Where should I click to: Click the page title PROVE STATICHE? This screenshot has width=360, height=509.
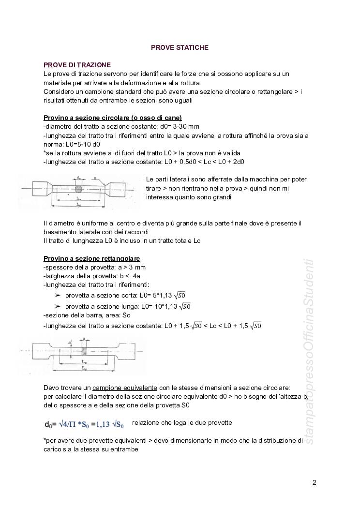tap(180, 47)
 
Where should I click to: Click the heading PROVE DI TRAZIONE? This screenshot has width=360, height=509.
tap(77, 65)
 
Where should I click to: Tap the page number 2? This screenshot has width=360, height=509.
tap(315, 482)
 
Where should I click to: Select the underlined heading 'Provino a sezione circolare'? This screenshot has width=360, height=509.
tap(112, 118)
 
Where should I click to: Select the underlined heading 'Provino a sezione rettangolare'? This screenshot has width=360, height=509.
tap(91, 258)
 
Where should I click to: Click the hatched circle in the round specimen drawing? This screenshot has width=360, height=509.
tap(79, 186)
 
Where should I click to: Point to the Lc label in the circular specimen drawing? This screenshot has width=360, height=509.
tap(79, 205)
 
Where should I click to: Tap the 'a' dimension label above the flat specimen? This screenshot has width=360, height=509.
tap(84, 339)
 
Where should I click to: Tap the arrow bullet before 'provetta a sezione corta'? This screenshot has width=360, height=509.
tap(58, 295)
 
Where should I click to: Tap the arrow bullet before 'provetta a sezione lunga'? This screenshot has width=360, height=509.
tap(58, 306)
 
